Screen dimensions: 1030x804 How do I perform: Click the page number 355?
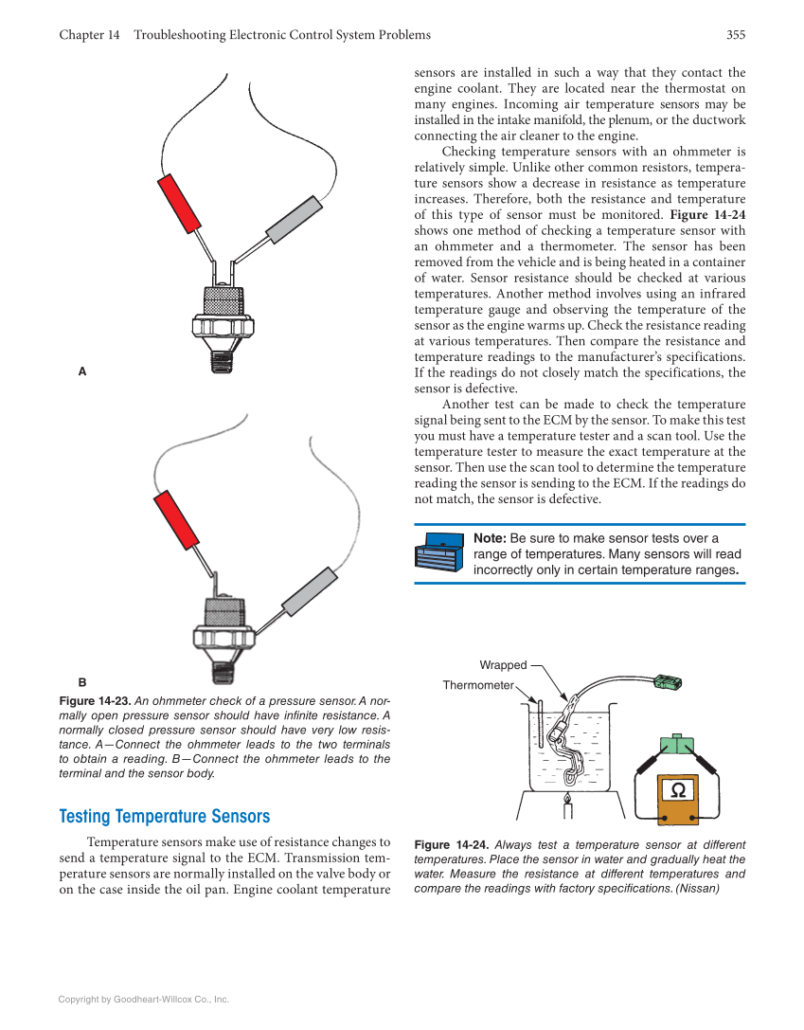tap(736, 35)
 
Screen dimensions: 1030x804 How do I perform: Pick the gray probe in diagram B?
tap(310, 592)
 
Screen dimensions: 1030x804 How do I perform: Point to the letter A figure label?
tap(82, 372)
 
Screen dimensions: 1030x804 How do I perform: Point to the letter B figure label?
tap(82, 682)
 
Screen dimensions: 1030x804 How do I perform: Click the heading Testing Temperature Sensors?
tap(165, 816)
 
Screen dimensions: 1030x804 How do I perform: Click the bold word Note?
tap(490, 538)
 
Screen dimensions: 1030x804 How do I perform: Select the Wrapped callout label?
tap(502, 665)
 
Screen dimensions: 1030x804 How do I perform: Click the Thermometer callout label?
tap(477, 685)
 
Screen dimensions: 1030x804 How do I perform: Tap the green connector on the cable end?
tap(668, 681)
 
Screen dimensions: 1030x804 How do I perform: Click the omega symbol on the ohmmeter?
tap(677, 790)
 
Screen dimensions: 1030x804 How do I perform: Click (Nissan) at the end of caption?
tap(697, 889)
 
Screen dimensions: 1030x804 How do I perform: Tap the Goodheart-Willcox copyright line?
tap(144, 1000)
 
